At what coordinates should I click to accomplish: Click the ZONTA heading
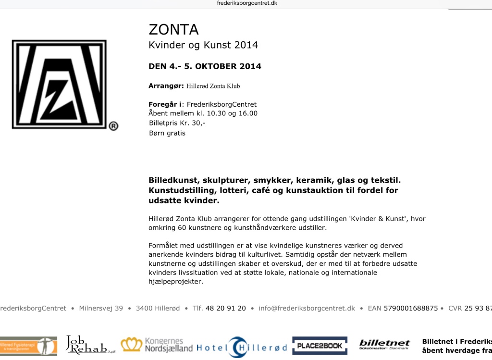pyautogui.click(x=173, y=29)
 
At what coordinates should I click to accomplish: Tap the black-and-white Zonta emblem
pyautogui.click(x=59, y=85)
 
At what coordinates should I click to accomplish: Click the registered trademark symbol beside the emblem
pyautogui.click(x=113, y=126)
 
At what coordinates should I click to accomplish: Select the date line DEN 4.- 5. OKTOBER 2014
pyautogui.click(x=205, y=66)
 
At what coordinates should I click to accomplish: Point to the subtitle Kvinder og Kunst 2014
pyautogui.click(x=203, y=45)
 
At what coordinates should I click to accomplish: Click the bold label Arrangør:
pyautogui.click(x=166, y=86)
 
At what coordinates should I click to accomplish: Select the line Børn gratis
pyautogui.click(x=167, y=133)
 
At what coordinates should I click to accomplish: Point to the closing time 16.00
pyautogui.click(x=248, y=113)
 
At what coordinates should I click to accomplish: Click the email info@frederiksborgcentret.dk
pyautogui.click(x=307, y=308)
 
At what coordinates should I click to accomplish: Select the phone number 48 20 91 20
pyautogui.click(x=225, y=308)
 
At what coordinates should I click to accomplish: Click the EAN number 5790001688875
pyautogui.click(x=411, y=308)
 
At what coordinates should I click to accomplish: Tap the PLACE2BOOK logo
pyautogui.click(x=320, y=346)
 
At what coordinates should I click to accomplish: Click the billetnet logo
pyautogui.click(x=384, y=345)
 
